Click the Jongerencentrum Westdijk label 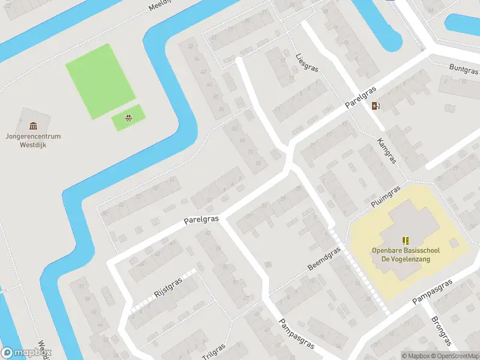pyautogui.click(x=32, y=140)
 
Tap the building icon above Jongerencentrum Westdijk pyautogui.click(x=32, y=125)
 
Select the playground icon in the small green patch pyautogui.click(x=128, y=118)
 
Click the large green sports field pyautogui.click(x=100, y=80)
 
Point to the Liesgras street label pyautogui.click(x=307, y=61)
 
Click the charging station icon pyautogui.click(x=376, y=106)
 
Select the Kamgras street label pyautogui.click(x=387, y=151)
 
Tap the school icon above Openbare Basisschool pyautogui.click(x=405, y=240)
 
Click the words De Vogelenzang pyautogui.click(x=405, y=259)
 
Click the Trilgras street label pyautogui.click(x=214, y=352)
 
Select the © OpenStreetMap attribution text pyautogui.click(x=454, y=356)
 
